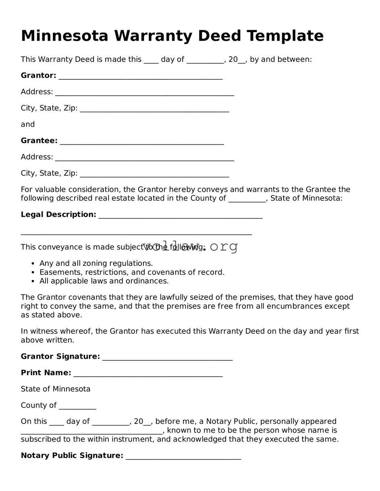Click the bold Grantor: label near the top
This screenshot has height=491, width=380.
[38, 76]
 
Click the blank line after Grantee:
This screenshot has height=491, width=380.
[141, 141]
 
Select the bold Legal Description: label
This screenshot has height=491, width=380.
[58, 215]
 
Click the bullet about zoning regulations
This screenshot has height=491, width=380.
[96, 263]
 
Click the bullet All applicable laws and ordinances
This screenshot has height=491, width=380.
[104, 281]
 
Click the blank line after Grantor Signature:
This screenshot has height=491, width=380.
[167, 357]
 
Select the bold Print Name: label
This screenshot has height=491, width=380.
[46, 373]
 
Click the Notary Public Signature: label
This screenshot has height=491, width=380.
[72, 456]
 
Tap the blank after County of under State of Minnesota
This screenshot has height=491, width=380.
[77, 406]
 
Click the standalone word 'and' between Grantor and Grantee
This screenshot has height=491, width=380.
[28, 125]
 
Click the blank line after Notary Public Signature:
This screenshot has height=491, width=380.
[183, 456]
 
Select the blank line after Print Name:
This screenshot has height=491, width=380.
[148, 374]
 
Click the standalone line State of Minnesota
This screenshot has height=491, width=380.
[56, 389]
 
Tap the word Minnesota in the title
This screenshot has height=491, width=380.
[64, 36]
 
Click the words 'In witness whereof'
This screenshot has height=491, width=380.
[56, 331]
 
